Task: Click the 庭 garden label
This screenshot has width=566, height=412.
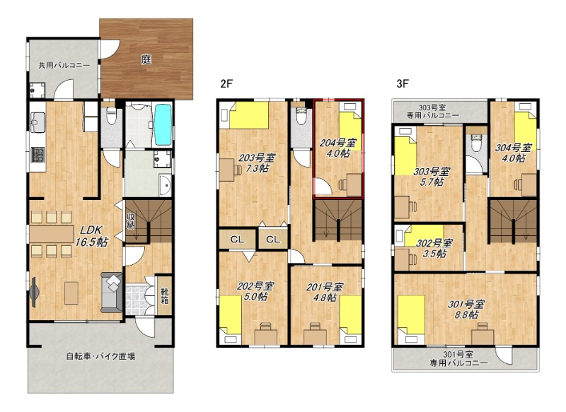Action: pos(146,59)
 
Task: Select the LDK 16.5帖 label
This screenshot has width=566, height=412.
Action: pos(91,236)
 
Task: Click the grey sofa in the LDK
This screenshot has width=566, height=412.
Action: pos(112,293)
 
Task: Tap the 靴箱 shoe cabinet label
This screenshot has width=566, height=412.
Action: pos(165,295)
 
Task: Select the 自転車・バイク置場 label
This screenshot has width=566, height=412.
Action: pos(100,356)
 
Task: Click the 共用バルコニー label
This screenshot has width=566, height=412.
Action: pos(64,65)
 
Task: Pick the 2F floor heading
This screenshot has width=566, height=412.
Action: pos(226,84)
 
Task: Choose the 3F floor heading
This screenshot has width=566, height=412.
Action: pos(403,83)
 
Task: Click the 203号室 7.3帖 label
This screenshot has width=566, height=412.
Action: pos(257,163)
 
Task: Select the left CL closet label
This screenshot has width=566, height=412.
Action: pos(237,240)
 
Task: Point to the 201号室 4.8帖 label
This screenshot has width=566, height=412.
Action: pos(325,292)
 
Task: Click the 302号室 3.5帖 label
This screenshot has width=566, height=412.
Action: pos(434,248)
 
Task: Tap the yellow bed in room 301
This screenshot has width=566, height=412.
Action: pos(411,315)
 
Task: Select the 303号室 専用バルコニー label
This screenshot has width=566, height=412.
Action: pos(433,112)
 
